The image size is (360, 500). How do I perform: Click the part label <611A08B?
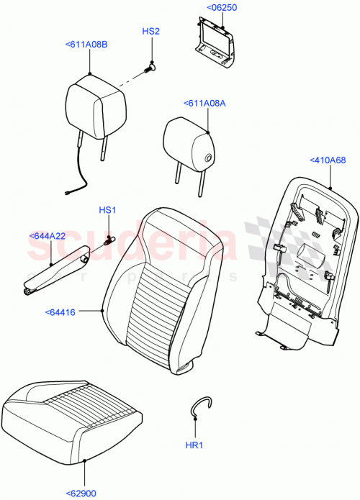pyautogui.click(x=87, y=45)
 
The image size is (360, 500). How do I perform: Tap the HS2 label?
pyautogui.click(x=150, y=32)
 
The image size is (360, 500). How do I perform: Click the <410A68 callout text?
pyautogui.click(x=328, y=160)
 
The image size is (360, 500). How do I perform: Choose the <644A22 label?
pyautogui.click(x=48, y=236)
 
